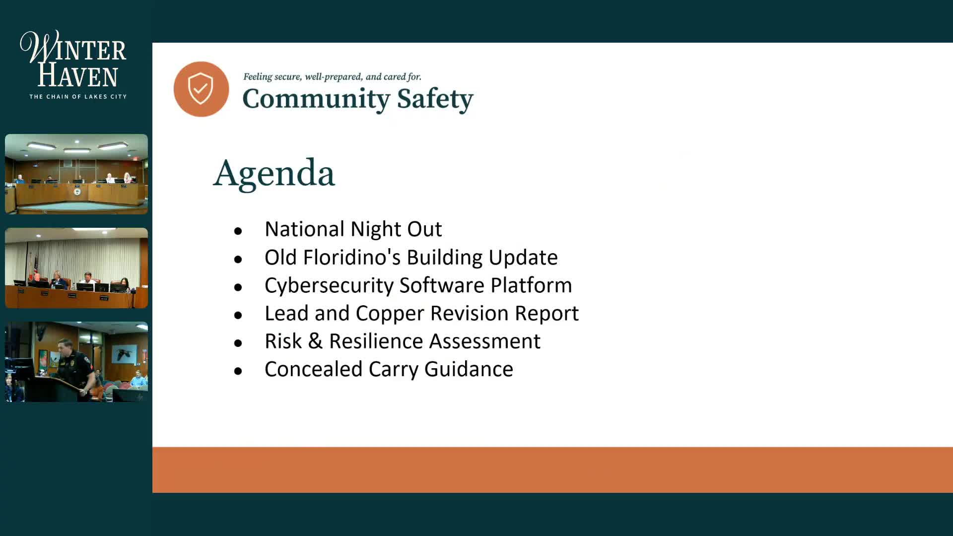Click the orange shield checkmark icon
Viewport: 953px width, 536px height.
[201, 89]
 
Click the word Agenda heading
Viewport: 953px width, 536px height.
[274, 173]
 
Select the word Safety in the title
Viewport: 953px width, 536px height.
[435, 99]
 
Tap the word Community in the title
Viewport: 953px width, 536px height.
[316, 99]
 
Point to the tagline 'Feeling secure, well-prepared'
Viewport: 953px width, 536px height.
[332, 77]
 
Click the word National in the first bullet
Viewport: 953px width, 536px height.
[304, 229]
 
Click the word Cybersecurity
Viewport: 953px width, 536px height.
[329, 285]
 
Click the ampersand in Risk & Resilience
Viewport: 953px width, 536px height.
[315, 341]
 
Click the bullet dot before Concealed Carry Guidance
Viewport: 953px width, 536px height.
[238, 371]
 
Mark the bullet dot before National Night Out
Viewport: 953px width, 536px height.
[238, 231]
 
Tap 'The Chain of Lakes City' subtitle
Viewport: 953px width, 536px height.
[78, 97]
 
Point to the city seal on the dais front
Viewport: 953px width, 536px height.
[77, 192]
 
